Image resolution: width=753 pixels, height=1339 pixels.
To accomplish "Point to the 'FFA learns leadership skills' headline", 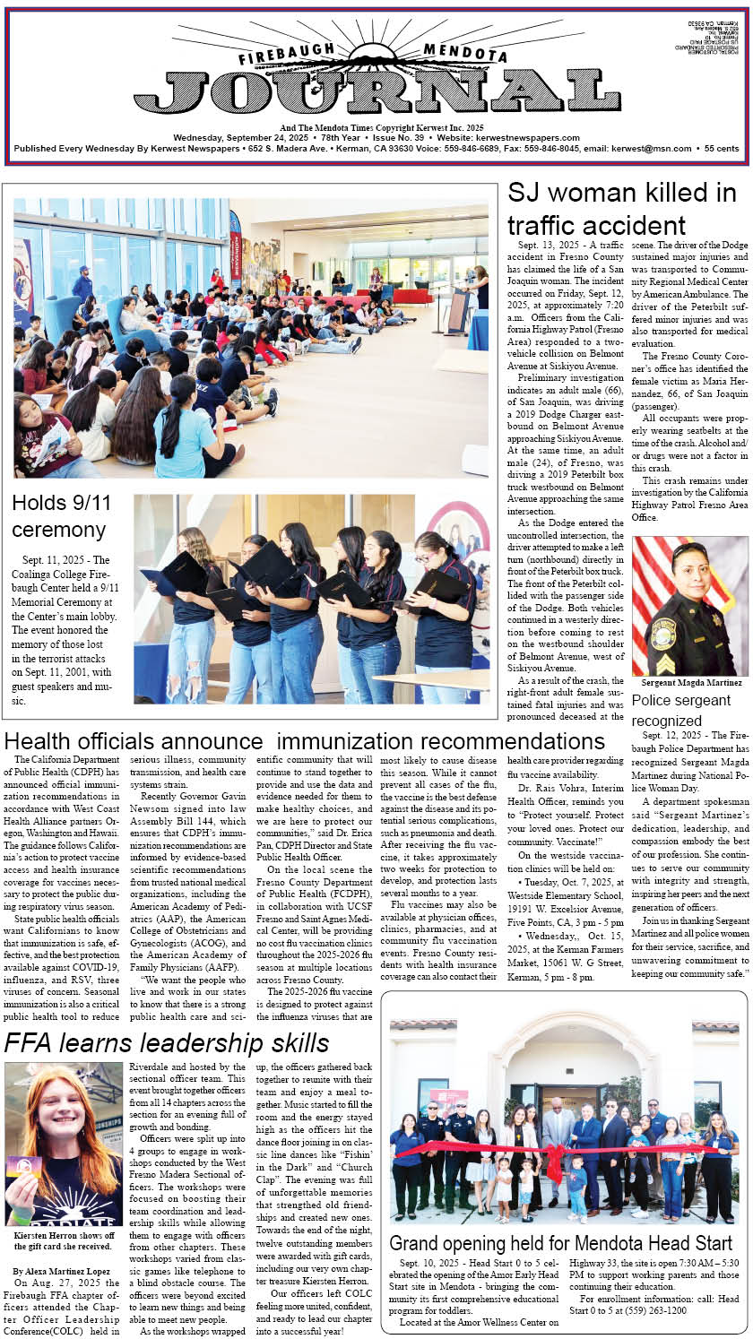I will pyautogui.click(x=167, y=1043).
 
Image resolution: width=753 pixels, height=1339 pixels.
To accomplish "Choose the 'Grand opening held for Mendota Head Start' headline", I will pyautogui.click(x=561, y=1243).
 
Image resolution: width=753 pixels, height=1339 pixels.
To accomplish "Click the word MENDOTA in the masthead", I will pyautogui.click(x=465, y=53).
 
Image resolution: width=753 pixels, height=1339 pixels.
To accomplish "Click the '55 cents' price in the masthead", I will pyautogui.click(x=722, y=149).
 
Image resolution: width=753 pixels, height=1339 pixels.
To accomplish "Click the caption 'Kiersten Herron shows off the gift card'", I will pyautogui.click(x=65, y=1240).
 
